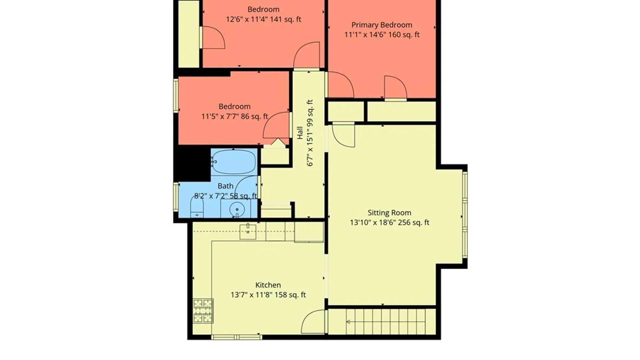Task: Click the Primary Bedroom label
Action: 382,25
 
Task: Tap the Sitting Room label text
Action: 389,213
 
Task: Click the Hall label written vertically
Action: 300,133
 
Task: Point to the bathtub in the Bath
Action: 234,162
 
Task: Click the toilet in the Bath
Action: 197,207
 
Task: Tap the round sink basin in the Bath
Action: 237,209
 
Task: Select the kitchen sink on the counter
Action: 248,232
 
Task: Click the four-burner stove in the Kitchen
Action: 203,311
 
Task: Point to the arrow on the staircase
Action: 348,322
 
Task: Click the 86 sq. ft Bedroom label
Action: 234,107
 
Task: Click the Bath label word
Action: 225,186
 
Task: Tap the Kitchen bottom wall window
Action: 236,337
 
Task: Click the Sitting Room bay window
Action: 465,215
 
